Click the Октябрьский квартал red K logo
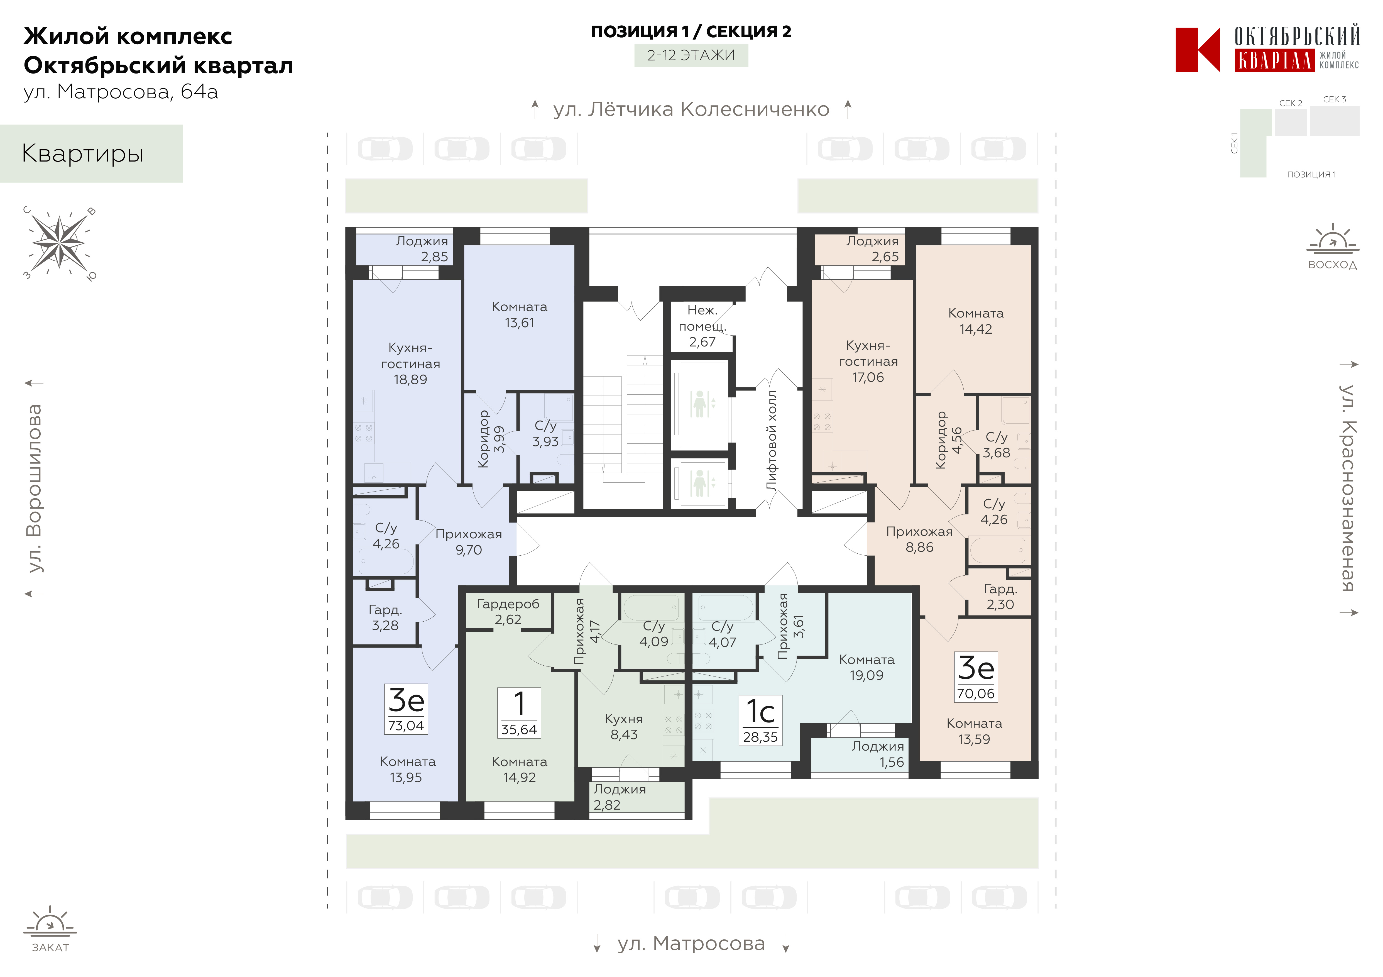click(1198, 50)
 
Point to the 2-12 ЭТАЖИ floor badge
click(691, 55)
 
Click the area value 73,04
click(406, 726)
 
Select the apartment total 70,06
click(976, 694)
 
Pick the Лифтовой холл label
click(772, 440)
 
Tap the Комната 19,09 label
click(867, 667)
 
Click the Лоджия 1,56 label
click(878, 754)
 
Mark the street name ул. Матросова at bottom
click(692, 944)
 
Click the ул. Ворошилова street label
click(34, 488)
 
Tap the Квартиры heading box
click(91, 154)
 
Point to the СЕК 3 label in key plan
click(1335, 99)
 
